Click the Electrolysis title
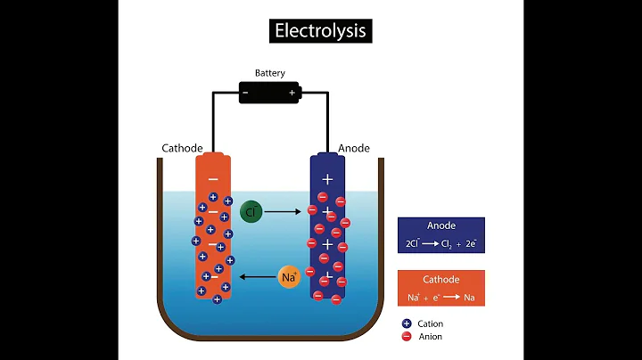coord(320,31)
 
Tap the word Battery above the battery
coord(269,73)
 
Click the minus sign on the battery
coord(246,92)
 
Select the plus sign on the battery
coord(291,92)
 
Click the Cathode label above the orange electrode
coord(182,148)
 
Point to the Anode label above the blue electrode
coord(353,148)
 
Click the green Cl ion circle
coord(251,212)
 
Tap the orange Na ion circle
coord(288,276)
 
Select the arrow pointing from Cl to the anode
coord(283,212)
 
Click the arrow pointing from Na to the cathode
coord(258,276)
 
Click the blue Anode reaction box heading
coord(440,226)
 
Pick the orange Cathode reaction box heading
coord(440,279)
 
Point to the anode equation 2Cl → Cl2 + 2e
coord(440,243)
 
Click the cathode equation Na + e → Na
coord(440,296)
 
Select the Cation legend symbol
coord(407,323)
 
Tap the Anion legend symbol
coord(407,337)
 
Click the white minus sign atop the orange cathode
coord(212,178)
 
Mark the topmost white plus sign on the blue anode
coord(327,179)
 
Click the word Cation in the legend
coord(430,323)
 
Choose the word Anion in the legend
coord(429,337)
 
